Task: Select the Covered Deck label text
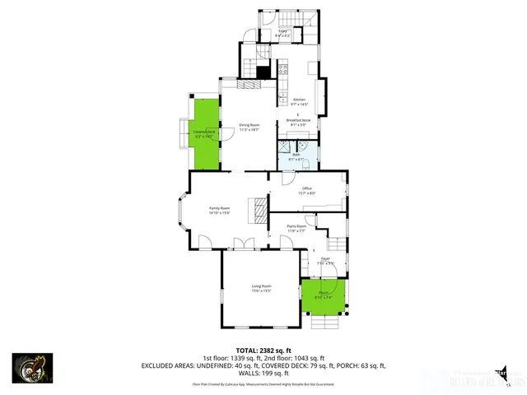(x=204, y=133)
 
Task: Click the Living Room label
(x=261, y=288)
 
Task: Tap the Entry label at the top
(x=282, y=33)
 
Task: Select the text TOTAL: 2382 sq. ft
(x=263, y=350)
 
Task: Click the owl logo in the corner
(x=32, y=368)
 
